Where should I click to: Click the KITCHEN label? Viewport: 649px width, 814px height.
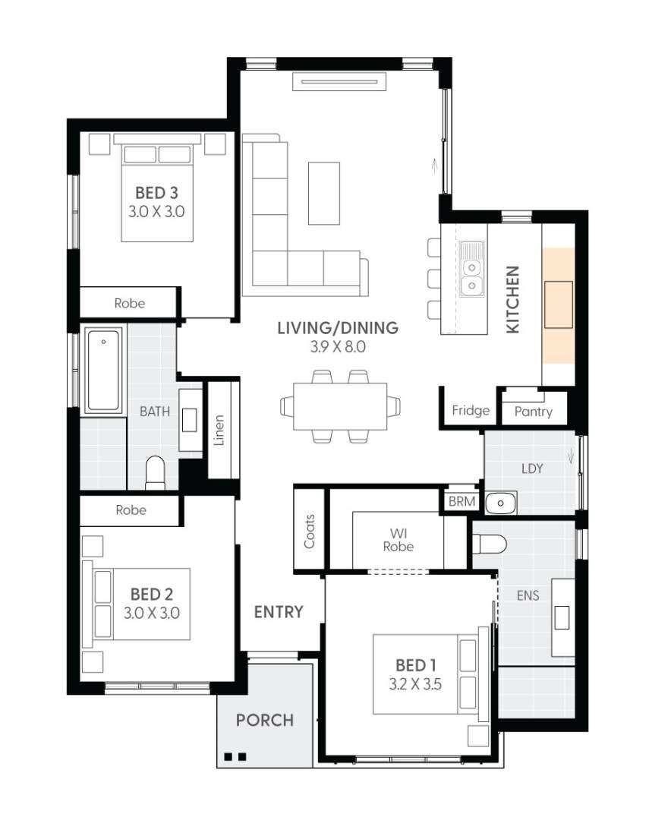(x=513, y=299)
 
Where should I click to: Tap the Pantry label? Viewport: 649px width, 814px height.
(x=533, y=412)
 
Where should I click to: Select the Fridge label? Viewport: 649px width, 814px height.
(x=471, y=411)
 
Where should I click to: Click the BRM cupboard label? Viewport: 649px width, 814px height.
(x=462, y=501)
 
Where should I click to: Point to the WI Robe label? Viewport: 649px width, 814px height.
(x=398, y=539)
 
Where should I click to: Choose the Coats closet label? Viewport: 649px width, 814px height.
(x=309, y=531)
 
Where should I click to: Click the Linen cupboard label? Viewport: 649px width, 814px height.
(x=219, y=430)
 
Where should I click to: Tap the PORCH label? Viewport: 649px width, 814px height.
(x=264, y=719)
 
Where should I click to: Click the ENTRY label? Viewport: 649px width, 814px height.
(x=279, y=612)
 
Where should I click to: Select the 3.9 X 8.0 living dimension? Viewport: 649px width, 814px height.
(x=337, y=348)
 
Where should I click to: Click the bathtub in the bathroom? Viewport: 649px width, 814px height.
(x=103, y=370)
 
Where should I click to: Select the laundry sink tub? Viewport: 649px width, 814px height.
(x=500, y=502)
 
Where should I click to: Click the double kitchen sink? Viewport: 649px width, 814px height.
(x=472, y=276)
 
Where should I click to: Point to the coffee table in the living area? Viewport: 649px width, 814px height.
(x=324, y=193)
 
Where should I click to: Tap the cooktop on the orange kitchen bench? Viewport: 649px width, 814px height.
(x=559, y=304)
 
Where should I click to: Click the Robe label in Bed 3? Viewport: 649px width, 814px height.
(x=129, y=303)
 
